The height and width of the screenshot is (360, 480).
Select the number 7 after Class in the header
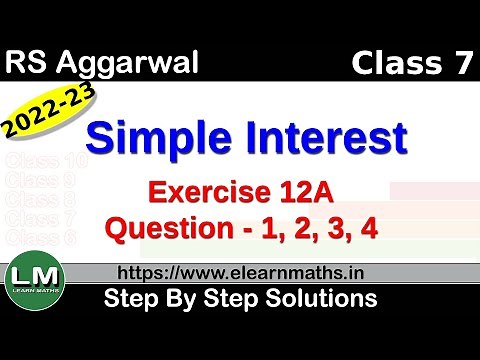pos(457,65)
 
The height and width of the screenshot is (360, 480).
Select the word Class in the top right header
pos(393,65)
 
